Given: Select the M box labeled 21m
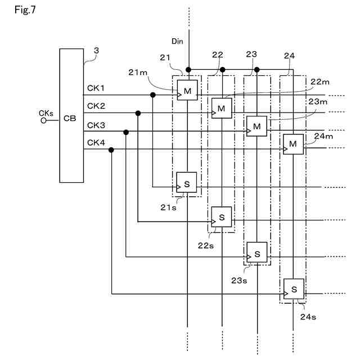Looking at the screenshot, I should tap(187, 90).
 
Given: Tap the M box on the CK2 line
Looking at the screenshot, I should tap(222, 107).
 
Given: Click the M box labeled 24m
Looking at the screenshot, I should tap(293, 145).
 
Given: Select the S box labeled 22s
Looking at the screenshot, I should tap(222, 217).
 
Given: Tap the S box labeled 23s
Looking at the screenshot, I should tap(257, 254).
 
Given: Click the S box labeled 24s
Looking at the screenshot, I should tap(294, 289).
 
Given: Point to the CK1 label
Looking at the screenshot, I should tap(96, 88).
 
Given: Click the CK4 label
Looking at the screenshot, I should tap(96, 143).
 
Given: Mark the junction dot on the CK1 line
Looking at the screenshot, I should tap(153, 95).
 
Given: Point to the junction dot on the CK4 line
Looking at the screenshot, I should tap(111, 150).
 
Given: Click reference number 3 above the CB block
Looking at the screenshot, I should tap(96, 51).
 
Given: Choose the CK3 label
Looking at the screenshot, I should tap(96, 125).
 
